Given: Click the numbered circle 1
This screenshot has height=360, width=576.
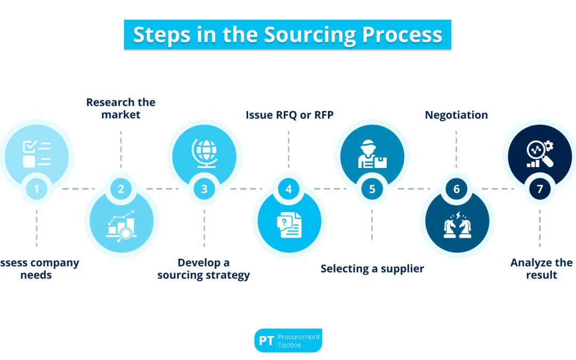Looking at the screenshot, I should tap(36, 189).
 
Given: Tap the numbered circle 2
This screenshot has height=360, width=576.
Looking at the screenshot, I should tap(121, 189).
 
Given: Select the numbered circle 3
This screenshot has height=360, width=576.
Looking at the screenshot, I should tap(204, 189).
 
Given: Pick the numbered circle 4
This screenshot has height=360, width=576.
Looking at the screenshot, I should tap(289, 189).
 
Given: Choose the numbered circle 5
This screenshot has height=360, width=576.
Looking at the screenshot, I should tap(372, 189).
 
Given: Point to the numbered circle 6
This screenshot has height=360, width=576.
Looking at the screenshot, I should tap(456, 189).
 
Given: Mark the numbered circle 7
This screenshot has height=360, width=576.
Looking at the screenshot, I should tap(540, 189).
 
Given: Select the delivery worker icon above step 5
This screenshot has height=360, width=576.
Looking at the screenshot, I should tap(372, 154).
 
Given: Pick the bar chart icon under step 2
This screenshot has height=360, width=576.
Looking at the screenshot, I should tap(121, 225).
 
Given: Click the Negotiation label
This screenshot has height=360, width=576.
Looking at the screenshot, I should tap(456, 115).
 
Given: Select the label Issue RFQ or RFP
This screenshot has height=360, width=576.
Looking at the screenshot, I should tap(289, 115).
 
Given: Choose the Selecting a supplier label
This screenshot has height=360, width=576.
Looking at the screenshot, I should tap(372, 268).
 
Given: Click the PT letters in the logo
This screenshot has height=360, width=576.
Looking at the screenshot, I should tap(266, 341).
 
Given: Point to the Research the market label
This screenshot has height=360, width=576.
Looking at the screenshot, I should tap(121, 108).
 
